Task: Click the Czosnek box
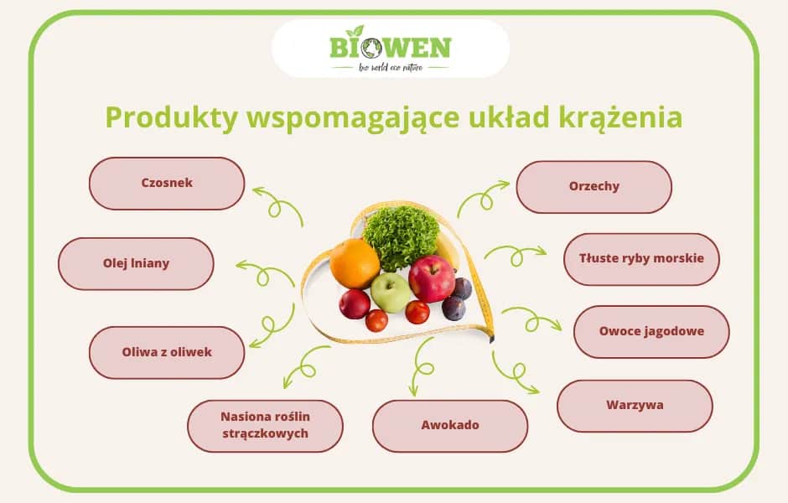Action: click(x=167, y=183)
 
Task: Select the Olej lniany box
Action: click(x=136, y=263)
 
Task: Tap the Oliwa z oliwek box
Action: click(x=167, y=352)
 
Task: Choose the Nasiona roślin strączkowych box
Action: click(x=265, y=425)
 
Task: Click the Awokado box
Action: click(x=450, y=425)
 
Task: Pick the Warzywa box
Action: click(x=635, y=406)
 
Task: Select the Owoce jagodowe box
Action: click(x=651, y=331)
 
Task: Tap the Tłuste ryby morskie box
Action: click(x=641, y=258)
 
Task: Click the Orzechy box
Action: click(x=594, y=186)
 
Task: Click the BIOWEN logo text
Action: click(x=390, y=46)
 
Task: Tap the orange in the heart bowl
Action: click(x=354, y=262)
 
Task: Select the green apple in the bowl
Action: click(x=391, y=293)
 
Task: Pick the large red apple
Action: click(x=432, y=277)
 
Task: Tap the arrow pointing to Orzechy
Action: click(x=482, y=198)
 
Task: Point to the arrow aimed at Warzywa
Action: click(x=514, y=373)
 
